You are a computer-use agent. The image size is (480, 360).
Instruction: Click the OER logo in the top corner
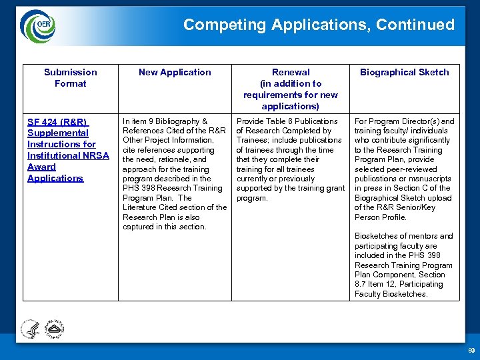[x=38, y=25]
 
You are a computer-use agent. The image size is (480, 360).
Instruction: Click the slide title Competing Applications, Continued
[x=319, y=25]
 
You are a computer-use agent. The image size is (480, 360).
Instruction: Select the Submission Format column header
[x=70, y=77]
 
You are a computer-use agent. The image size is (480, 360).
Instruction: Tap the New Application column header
[x=175, y=72]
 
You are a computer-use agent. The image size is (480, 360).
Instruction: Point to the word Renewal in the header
[x=291, y=72]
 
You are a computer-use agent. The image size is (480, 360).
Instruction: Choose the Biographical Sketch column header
[x=404, y=72]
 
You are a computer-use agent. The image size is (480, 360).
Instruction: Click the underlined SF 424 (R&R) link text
[x=57, y=122]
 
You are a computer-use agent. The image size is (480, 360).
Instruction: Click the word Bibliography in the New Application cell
[x=177, y=121]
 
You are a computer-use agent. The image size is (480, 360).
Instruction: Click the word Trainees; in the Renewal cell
[x=256, y=140]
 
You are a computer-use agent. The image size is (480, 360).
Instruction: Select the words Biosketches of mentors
[x=391, y=236]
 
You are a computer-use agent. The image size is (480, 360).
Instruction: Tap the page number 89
[x=471, y=351]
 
